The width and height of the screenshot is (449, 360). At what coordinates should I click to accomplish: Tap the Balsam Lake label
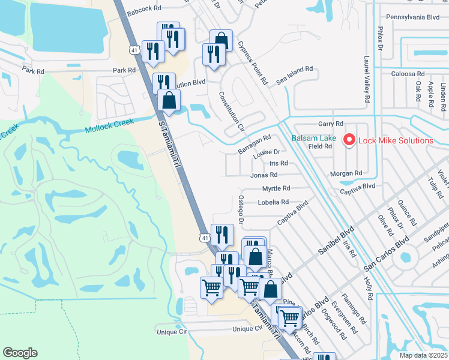[x=314, y=138]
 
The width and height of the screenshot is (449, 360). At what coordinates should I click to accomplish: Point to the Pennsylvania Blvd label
[x=413, y=17]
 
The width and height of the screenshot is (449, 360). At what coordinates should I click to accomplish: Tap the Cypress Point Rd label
[x=252, y=62]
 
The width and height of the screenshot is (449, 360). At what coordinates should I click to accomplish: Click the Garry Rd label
[x=331, y=124]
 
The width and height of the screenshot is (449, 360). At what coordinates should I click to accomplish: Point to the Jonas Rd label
[x=264, y=175]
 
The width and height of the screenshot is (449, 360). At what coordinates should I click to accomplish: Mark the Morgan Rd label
[x=346, y=173]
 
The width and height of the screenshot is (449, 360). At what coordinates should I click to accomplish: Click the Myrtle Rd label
[x=276, y=188]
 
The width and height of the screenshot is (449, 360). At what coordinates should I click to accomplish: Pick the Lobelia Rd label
[x=273, y=202]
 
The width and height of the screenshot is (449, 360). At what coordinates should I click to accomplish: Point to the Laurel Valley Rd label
[x=366, y=79]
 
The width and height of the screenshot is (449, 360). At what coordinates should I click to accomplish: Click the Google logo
[x=20, y=353]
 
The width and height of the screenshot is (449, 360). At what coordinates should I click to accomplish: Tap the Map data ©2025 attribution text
[x=423, y=355]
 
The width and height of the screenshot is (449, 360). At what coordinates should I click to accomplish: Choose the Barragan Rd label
[x=255, y=141]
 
